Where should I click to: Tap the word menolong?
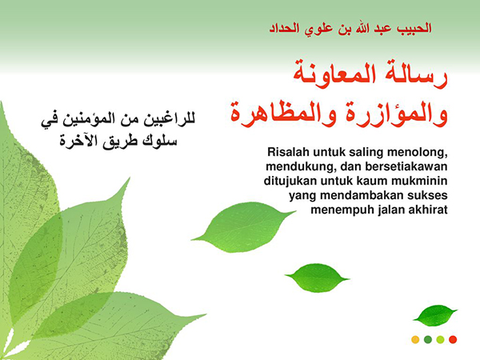pyautogui.click(x=410, y=151)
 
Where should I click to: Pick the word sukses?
pyautogui.click(x=425, y=195)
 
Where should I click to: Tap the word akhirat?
pyautogui.click(x=425, y=210)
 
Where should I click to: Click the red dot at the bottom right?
pyautogui.click(x=453, y=339)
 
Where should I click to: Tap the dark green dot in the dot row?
pyautogui.click(x=428, y=339)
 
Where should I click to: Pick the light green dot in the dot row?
pyautogui.click(x=440, y=339)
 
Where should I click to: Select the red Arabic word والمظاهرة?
pyautogui.click(x=271, y=111)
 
